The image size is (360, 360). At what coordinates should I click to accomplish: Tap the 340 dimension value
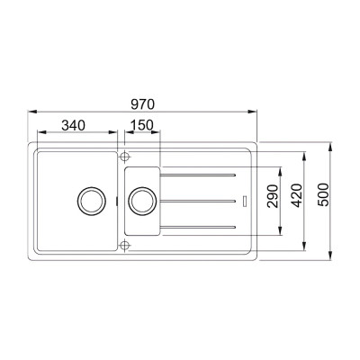click(73, 124)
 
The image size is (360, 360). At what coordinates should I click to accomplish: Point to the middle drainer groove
click(199, 198)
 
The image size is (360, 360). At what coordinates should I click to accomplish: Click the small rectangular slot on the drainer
click(245, 198)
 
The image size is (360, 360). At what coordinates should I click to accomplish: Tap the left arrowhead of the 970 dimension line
click(31, 112)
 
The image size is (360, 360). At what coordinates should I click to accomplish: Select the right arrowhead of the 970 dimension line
click(255, 112)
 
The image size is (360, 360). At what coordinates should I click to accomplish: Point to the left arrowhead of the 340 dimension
click(31, 133)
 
